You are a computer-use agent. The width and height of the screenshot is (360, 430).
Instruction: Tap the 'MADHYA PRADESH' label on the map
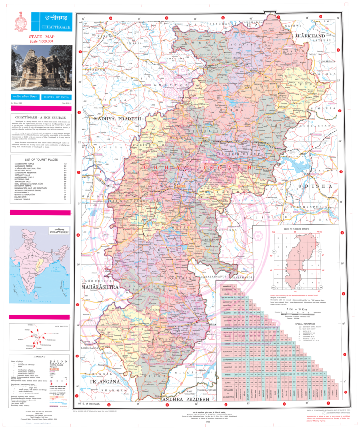tap(118, 119)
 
